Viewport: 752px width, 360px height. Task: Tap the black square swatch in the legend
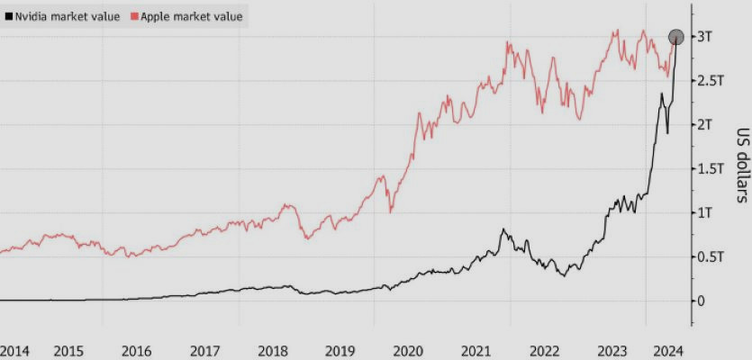(8, 16)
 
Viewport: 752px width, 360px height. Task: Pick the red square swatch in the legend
(133, 16)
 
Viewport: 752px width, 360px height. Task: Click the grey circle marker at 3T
(676, 37)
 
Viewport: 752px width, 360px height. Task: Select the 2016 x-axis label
(135, 349)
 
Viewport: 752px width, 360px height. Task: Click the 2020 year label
(408, 349)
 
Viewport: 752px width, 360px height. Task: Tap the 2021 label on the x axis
(476, 349)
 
